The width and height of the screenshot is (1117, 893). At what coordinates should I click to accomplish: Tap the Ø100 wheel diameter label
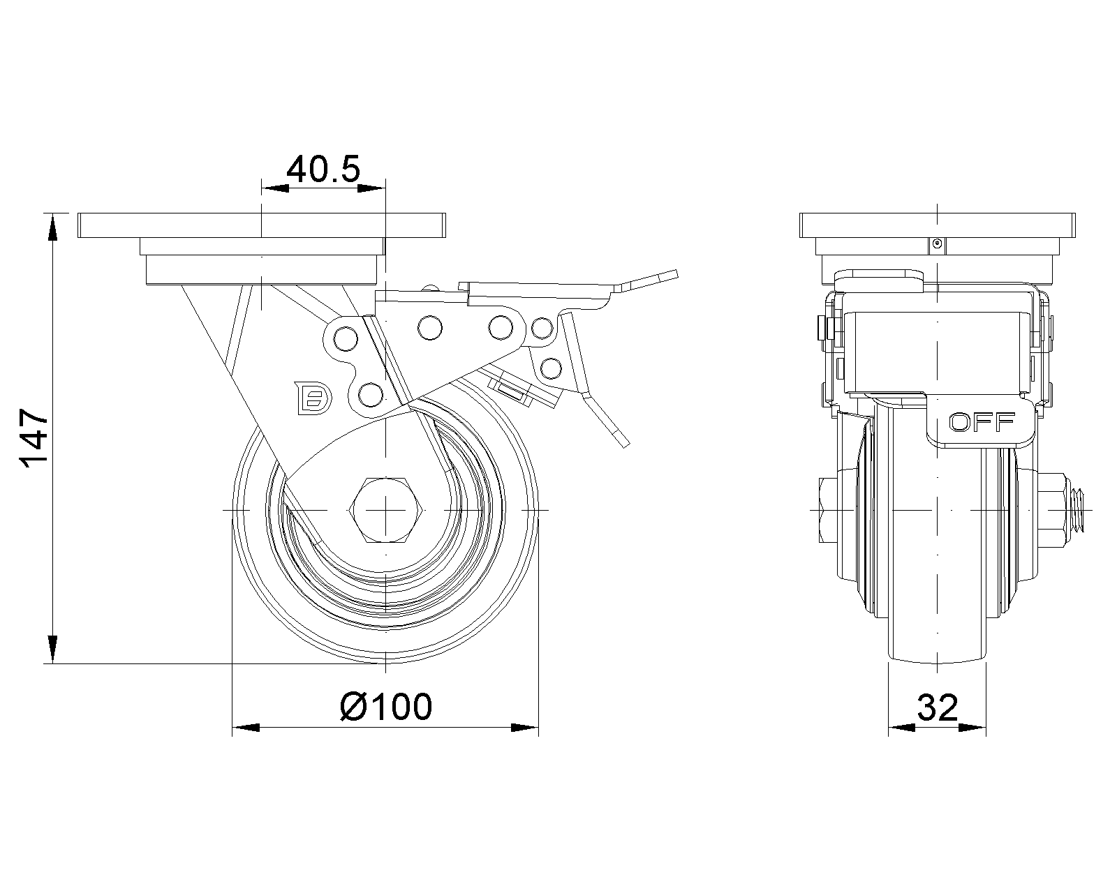pos(386,707)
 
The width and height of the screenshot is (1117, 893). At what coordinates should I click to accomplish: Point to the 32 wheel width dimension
pos(938,709)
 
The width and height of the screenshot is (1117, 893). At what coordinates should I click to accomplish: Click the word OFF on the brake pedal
pos(982,421)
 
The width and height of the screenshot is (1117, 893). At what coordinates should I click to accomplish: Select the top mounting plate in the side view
pos(261,225)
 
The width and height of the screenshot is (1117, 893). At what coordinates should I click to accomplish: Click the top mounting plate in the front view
pos(936,225)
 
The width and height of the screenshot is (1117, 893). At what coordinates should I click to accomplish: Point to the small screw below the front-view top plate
pos(937,244)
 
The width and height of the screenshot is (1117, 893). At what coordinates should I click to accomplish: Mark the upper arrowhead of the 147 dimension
pos(52,223)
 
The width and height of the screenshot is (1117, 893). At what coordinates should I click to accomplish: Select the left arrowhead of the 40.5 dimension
pos(275,187)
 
